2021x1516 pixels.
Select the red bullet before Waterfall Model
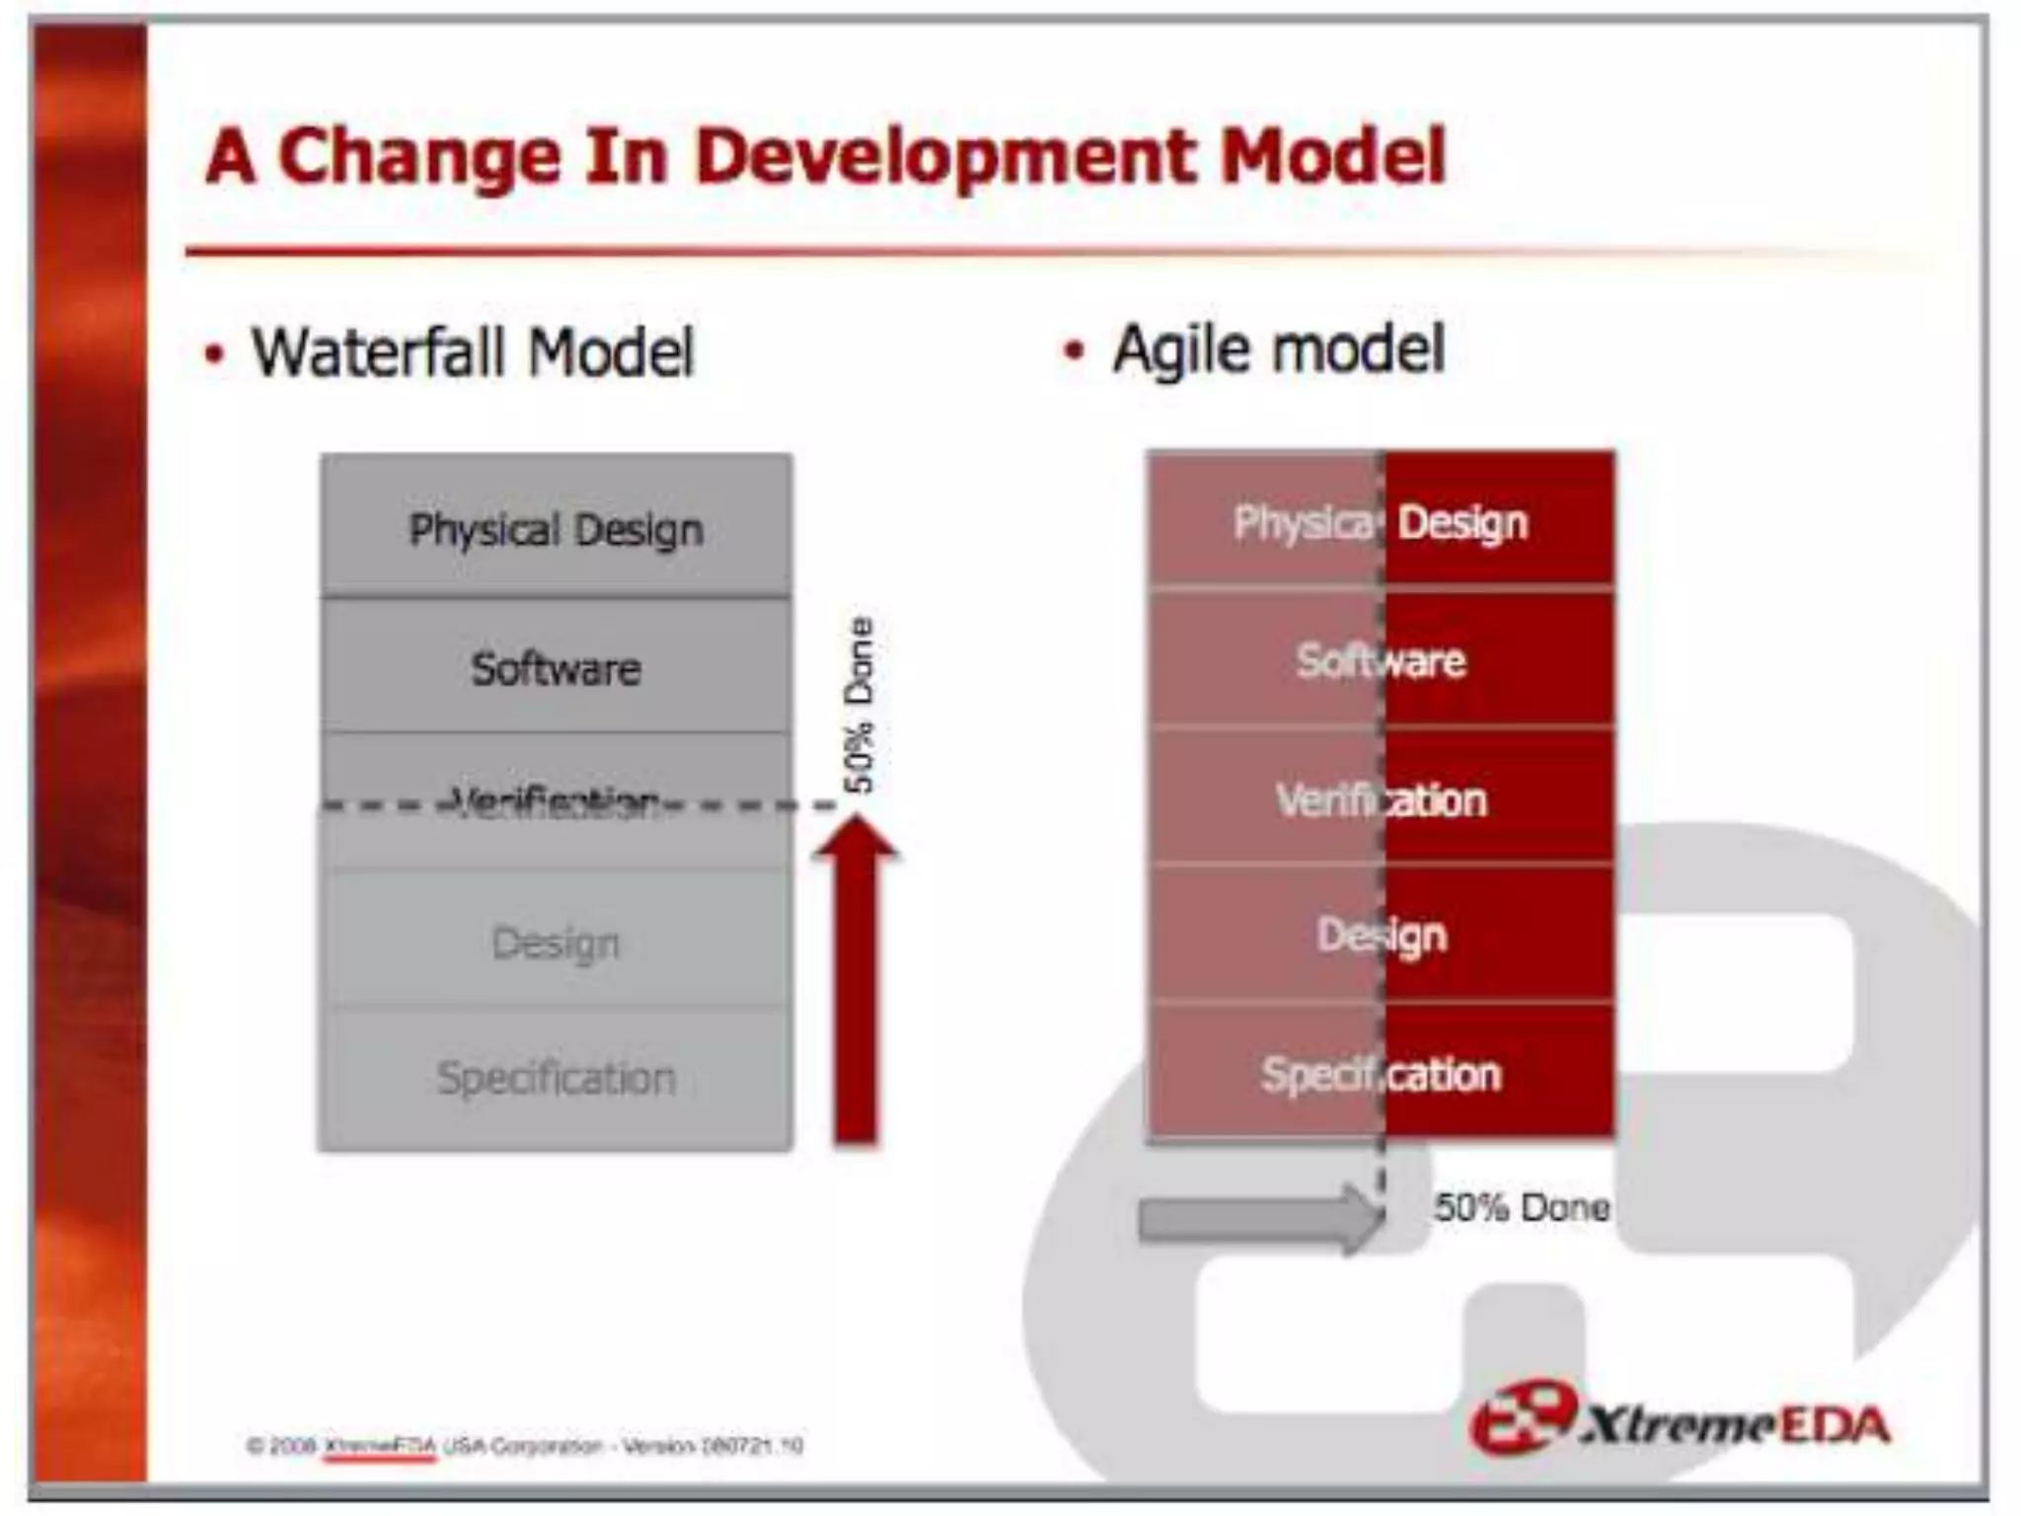(214, 354)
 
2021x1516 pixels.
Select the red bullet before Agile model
(1074, 350)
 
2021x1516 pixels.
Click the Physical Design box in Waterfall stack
(556, 529)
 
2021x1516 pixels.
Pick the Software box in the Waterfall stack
(556, 668)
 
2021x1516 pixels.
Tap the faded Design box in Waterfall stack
(556, 943)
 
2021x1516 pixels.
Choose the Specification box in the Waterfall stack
(556, 1078)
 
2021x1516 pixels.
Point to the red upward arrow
(855, 987)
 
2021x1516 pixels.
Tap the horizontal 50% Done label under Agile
(1521, 1207)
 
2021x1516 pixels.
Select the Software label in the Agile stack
(1381, 660)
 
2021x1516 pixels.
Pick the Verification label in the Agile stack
(1381, 799)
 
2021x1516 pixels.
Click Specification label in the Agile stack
(1381, 1074)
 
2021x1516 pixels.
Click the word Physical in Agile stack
(1303, 523)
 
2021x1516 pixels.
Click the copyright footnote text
(524, 1446)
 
